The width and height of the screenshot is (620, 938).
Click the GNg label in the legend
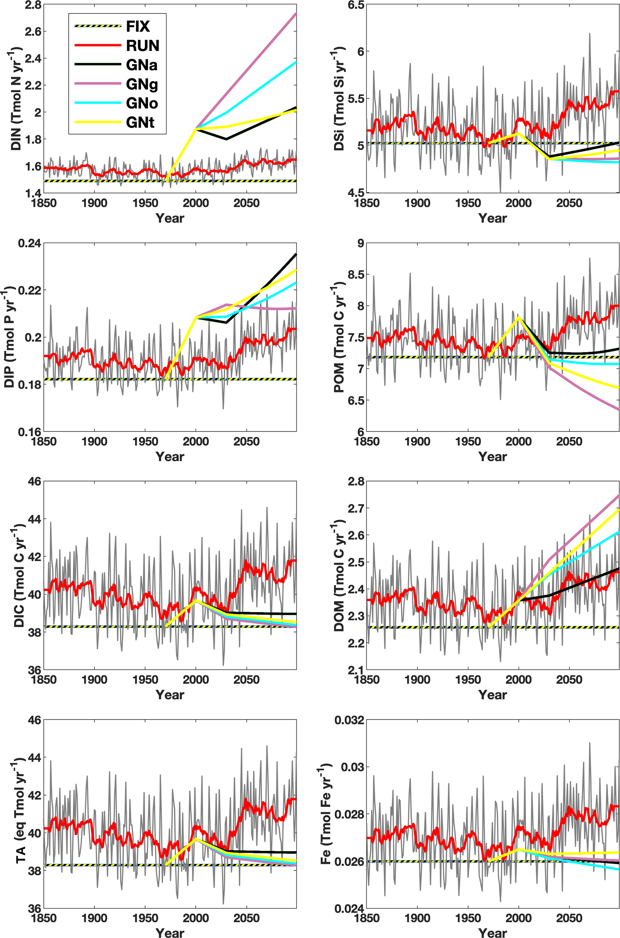(142, 84)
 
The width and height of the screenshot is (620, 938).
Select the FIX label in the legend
(138, 26)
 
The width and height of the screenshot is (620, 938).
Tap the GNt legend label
(140, 123)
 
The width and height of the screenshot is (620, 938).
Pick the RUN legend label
(143, 46)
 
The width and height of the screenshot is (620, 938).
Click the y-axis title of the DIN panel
(16, 98)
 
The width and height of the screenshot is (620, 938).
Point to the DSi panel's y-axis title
(339, 98)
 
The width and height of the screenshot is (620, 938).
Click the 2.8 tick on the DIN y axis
(33, 5)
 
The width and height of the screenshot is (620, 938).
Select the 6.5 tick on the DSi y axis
(356, 5)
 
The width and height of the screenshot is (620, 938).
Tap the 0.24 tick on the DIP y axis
(29, 243)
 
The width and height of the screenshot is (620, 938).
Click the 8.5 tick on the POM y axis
(356, 275)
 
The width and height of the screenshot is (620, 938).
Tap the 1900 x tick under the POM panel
(418, 442)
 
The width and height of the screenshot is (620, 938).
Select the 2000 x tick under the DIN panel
(196, 203)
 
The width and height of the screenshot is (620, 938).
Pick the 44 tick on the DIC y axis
(35, 519)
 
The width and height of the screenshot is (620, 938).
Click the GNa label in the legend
(142, 65)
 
